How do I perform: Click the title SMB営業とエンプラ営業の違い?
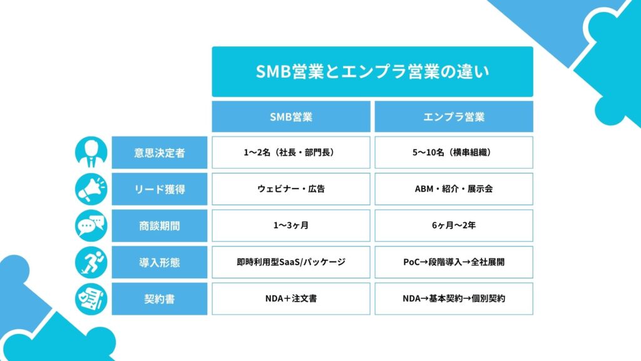372,71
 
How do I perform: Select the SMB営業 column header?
290,117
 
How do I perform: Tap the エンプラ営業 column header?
454,117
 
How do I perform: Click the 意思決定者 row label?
160,153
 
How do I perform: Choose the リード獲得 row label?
160,189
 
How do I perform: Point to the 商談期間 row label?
160,226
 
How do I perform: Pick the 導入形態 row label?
160,263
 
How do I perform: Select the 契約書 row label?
160,299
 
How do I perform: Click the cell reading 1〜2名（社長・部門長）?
290,153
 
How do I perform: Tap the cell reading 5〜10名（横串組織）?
454,153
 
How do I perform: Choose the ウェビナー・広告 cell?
290,189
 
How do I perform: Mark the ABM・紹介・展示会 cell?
454,189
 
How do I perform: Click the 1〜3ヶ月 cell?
290,226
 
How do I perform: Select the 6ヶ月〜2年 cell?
454,226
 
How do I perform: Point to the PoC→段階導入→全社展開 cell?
454,263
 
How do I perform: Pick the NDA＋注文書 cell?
290,299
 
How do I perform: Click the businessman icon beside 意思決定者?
91,153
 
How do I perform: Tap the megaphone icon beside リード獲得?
91,189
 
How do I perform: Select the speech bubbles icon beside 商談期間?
91,226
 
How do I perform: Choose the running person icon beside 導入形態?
91,263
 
